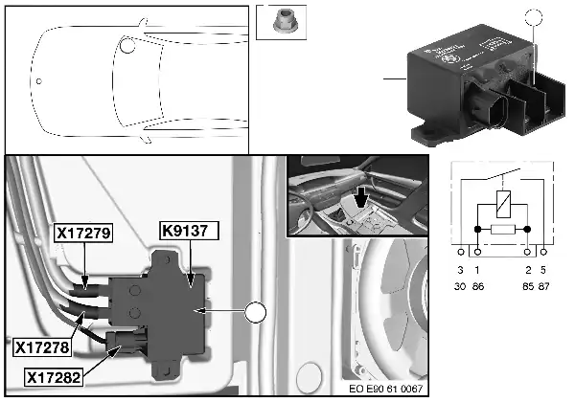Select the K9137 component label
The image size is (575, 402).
(190, 231)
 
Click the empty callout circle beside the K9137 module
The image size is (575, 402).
(256, 312)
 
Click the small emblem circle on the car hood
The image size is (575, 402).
(37, 80)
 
